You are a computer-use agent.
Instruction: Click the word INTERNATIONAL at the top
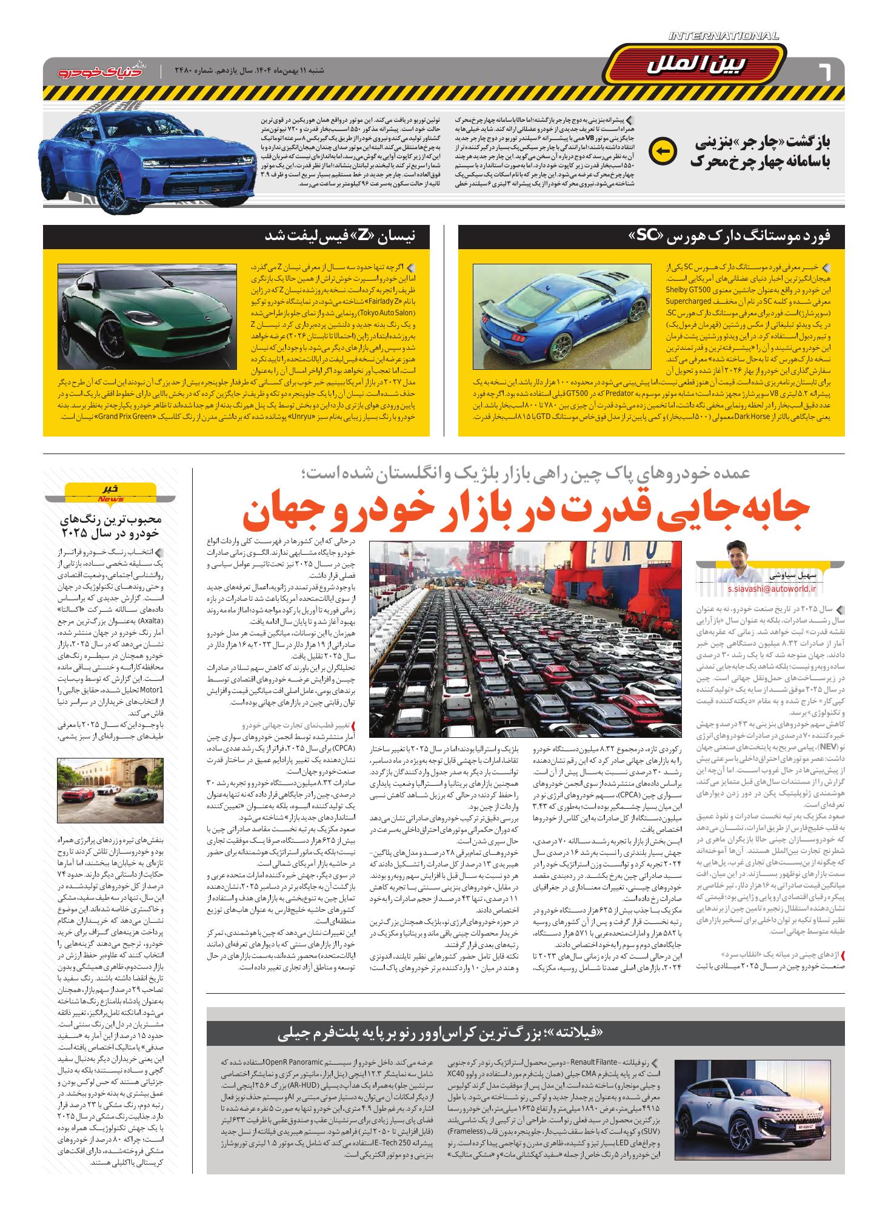point(724,36)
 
